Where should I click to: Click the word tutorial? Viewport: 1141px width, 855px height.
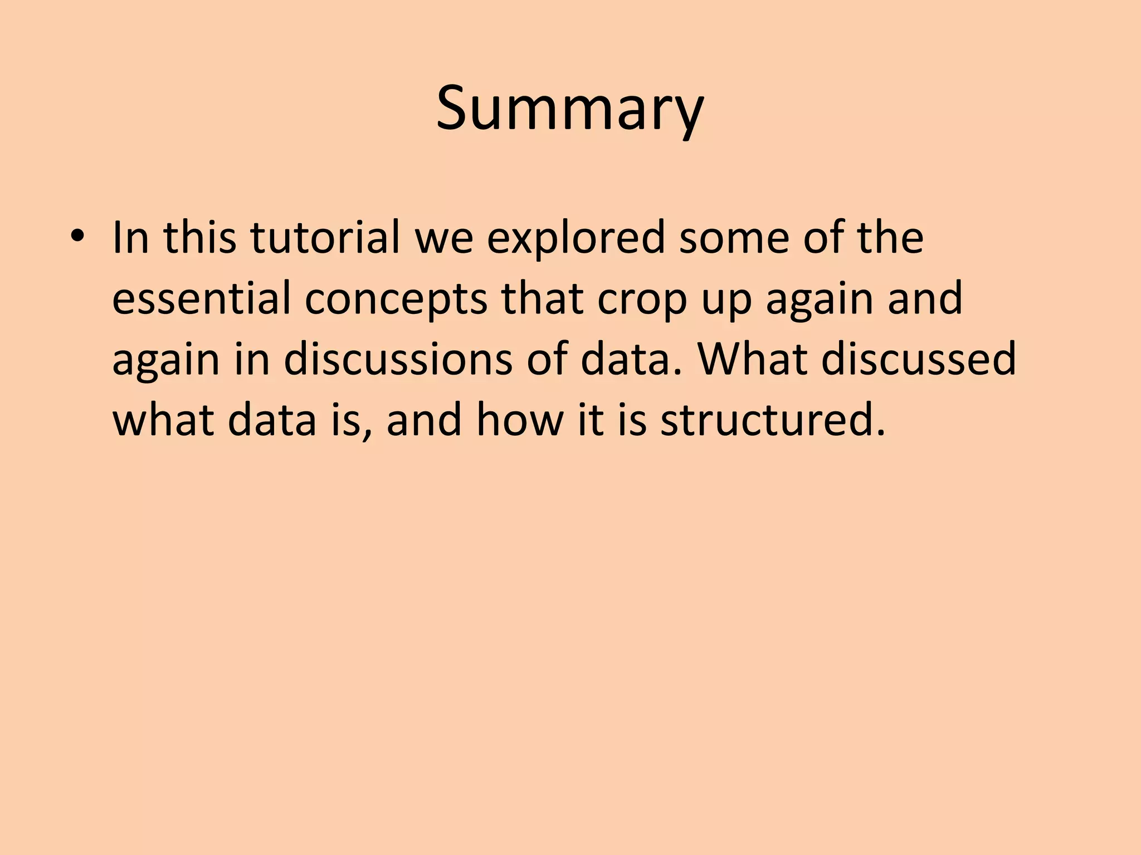click(325, 238)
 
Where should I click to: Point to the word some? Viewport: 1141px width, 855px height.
click(733, 238)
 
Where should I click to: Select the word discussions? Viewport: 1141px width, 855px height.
click(398, 359)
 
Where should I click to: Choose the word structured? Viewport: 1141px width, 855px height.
click(773, 420)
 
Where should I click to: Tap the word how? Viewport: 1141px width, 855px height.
click(519, 420)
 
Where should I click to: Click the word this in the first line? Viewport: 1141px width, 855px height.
click(199, 238)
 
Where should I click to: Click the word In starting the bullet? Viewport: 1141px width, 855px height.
click(130, 238)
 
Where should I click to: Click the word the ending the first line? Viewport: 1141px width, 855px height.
click(890, 238)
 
